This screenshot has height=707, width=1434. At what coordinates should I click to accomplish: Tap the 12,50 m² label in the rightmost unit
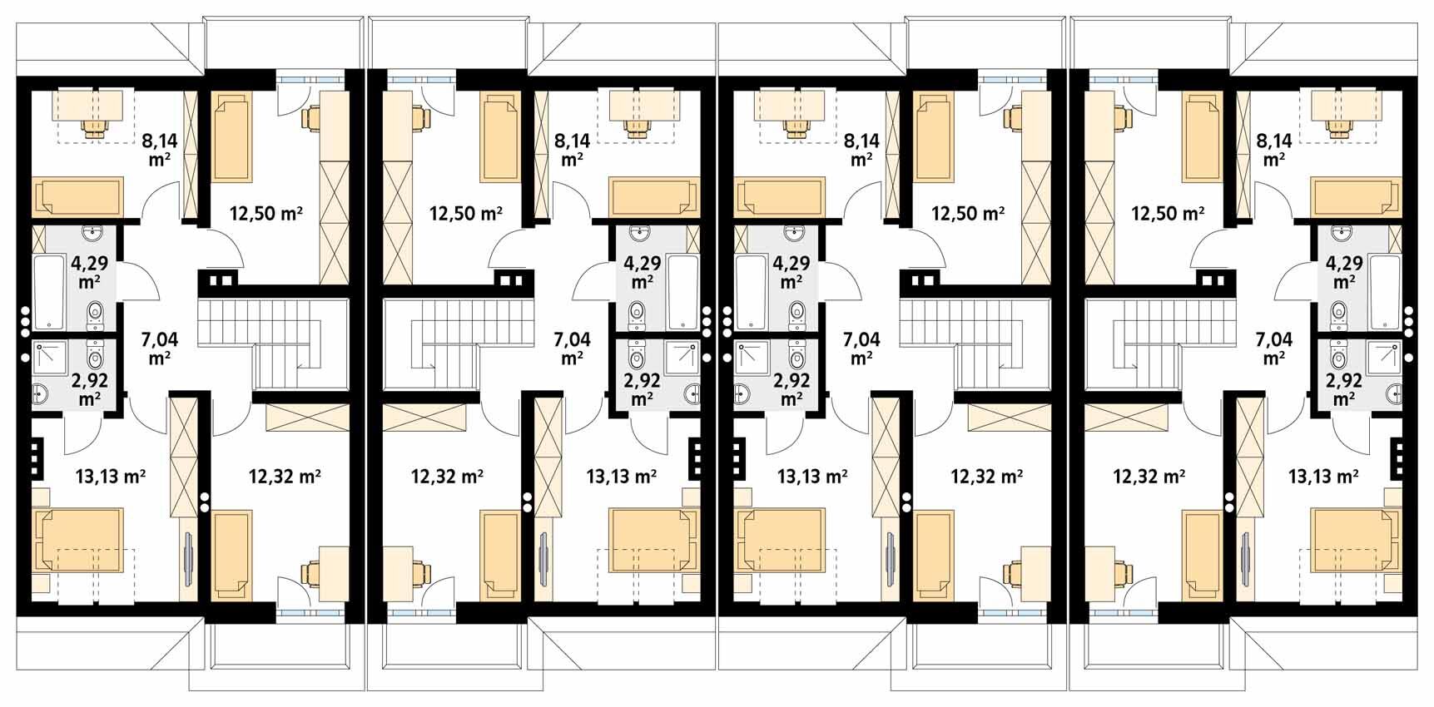click(1167, 214)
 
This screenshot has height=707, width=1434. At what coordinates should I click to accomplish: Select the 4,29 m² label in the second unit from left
click(643, 272)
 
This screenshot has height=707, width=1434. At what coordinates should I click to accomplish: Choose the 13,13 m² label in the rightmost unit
click(1323, 477)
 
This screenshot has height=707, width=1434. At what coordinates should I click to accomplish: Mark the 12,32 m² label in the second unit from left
click(448, 477)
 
